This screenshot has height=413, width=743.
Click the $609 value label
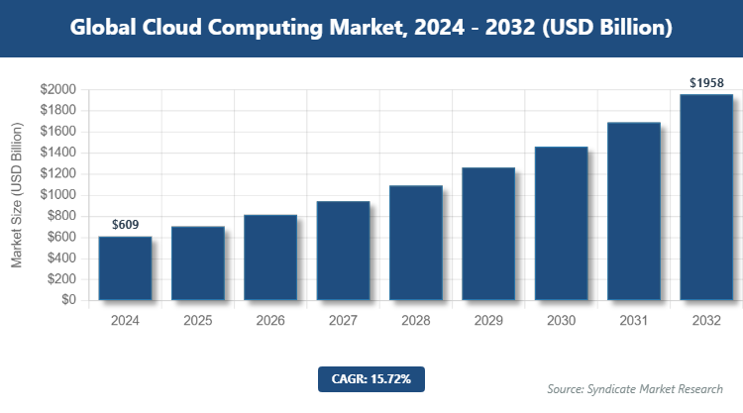pos(125,226)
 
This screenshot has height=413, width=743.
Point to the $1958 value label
pos(706,83)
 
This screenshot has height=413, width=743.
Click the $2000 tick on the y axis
pos(57,89)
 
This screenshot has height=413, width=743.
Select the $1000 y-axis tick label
pos(57,195)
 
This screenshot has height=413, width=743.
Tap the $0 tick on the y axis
pos(67,300)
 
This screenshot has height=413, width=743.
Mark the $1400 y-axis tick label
pos(57,153)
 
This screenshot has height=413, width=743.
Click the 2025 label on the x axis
pos(197,321)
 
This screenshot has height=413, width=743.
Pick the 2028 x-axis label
pos(415,321)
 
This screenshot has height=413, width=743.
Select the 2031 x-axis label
pos(634,321)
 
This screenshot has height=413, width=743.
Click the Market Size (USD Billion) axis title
pos(17,195)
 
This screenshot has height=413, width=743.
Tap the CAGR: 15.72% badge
pos(371,378)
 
